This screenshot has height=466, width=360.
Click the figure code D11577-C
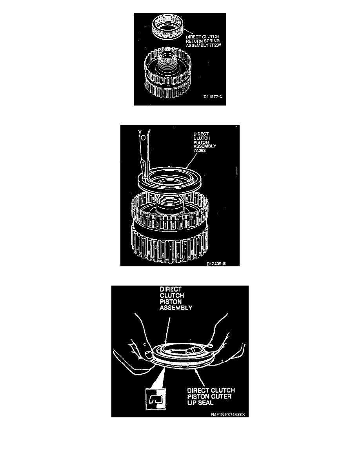(213, 96)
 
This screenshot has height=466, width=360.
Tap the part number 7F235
(215, 45)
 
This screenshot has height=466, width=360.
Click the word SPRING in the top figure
(211, 41)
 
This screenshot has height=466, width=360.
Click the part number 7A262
(200, 150)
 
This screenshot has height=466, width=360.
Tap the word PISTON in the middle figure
(201, 142)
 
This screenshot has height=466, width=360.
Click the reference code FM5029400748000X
(228, 415)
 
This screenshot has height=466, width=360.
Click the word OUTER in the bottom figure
(220, 397)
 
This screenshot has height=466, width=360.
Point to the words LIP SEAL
(200, 403)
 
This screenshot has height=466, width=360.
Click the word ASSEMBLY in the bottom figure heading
(176, 308)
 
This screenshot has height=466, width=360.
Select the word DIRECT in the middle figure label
(201, 134)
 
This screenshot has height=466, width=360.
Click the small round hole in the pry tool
(143, 138)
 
